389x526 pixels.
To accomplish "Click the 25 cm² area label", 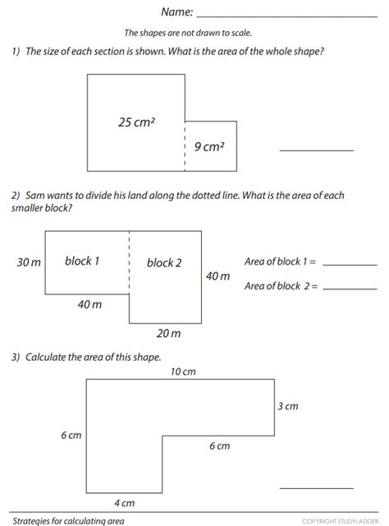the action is tap(137, 122).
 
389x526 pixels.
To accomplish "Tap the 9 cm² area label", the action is tap(209, 147).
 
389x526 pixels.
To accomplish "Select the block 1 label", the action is tap(82, 261).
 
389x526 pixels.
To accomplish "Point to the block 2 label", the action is tap(164, 263).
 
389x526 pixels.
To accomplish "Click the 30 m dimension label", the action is tap(29, 262).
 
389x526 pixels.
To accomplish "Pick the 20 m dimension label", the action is tap(169, 333).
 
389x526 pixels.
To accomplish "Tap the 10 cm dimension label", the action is tap(183, 371).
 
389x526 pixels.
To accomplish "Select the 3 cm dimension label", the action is tap(287, 407).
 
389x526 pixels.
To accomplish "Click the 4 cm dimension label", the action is tap(123, 503).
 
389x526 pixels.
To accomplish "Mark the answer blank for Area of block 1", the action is tap(350, 265).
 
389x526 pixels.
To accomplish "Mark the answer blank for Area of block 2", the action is tap(350, 288).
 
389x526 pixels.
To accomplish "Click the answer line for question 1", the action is tap(317, 150).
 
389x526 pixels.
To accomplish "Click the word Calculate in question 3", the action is tap(47, 358).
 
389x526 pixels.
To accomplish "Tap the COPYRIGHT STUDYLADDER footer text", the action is tap(340, 521).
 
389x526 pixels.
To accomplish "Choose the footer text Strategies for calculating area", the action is tap(67, 520).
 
